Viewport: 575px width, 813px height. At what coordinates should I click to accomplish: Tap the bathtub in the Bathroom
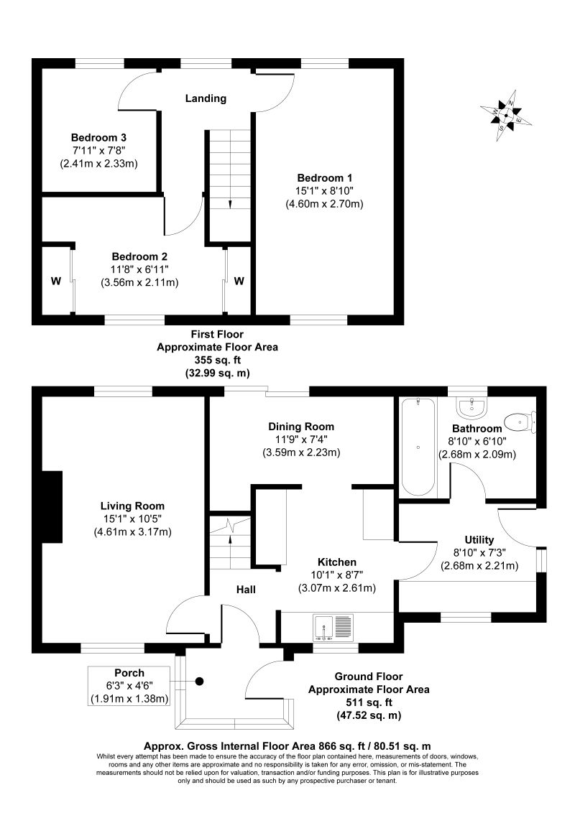coord(418,446)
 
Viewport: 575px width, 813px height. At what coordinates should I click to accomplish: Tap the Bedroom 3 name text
coord(98,137)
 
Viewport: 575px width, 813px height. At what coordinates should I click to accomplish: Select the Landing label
coord(206,98)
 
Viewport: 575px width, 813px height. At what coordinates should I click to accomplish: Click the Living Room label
coord(132,505)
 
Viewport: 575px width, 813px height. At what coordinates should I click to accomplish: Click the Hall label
coord(247,590)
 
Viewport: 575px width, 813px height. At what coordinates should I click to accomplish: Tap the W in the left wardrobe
coord(55,281)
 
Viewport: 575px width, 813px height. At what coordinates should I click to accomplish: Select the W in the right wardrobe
coord(239,281)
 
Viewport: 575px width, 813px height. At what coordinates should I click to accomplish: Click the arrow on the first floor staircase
coord(230,203)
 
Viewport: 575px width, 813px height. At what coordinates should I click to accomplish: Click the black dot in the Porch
coord(201,682)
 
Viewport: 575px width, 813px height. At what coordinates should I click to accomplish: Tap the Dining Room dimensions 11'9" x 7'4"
coord(301,440)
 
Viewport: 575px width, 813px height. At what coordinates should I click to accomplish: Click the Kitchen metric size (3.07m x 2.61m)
coord(337,588)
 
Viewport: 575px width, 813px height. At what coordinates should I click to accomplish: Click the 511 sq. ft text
coord(369,702)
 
